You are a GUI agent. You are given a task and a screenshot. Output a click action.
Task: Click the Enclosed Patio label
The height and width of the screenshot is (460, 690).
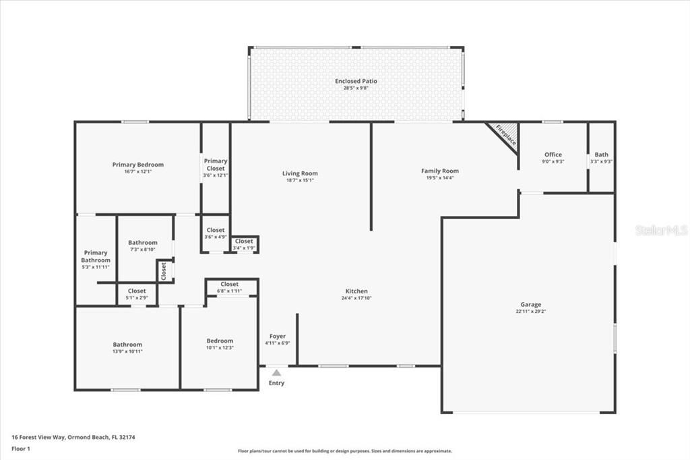[x=356, y=81]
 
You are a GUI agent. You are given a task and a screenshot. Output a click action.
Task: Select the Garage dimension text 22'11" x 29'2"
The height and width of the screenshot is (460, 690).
[x=530, y=312]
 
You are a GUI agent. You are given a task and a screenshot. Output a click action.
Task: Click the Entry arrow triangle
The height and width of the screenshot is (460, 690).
[x=276, y=372]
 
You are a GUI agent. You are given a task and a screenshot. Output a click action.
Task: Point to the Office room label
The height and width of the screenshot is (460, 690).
[x=553, y=154]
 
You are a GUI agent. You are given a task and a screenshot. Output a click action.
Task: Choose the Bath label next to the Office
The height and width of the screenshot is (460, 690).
[x=601, y=154]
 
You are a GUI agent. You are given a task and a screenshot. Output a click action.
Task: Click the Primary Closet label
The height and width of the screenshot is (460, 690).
[x=216, y=165]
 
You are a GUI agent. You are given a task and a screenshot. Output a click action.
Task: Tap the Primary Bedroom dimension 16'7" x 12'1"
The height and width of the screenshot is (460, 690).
[x=137, y=171]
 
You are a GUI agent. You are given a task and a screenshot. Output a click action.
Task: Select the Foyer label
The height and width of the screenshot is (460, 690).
[x=278, y=336]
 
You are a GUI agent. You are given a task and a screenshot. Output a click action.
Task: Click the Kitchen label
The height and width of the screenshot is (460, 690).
[x=356, y=291]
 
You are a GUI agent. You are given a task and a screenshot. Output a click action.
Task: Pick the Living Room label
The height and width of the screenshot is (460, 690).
[x=300, y=173]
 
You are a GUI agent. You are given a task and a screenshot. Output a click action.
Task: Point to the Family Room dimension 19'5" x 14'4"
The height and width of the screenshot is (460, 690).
[x=440, y=177]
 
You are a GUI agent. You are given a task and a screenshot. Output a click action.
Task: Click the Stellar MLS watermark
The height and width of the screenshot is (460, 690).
[x=660, y=230]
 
